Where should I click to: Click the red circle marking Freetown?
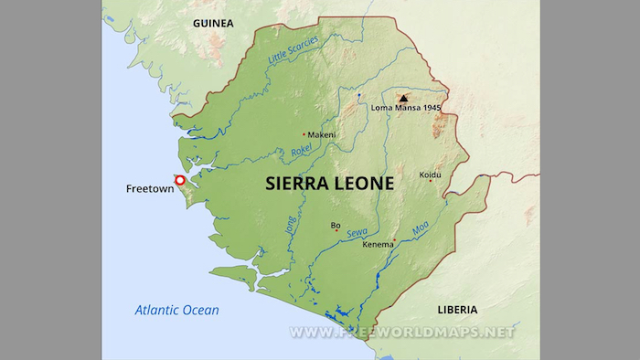pos(180,181)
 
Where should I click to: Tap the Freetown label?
pos(147,189)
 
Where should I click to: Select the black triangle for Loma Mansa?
pos(402,97)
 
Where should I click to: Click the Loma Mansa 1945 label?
pos(406,109)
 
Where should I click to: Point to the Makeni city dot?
pos(304,134)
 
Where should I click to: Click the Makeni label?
pos(322,134)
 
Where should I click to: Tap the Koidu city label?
pos(430,174)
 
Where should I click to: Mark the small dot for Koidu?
pos(431,181)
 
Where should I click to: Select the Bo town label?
pos(336,224)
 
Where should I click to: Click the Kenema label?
pos(379,246)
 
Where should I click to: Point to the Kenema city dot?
pos(394,240)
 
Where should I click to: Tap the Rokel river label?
pos(302,150)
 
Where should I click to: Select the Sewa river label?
pos(357,234)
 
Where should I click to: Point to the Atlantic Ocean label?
pos(177,310)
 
